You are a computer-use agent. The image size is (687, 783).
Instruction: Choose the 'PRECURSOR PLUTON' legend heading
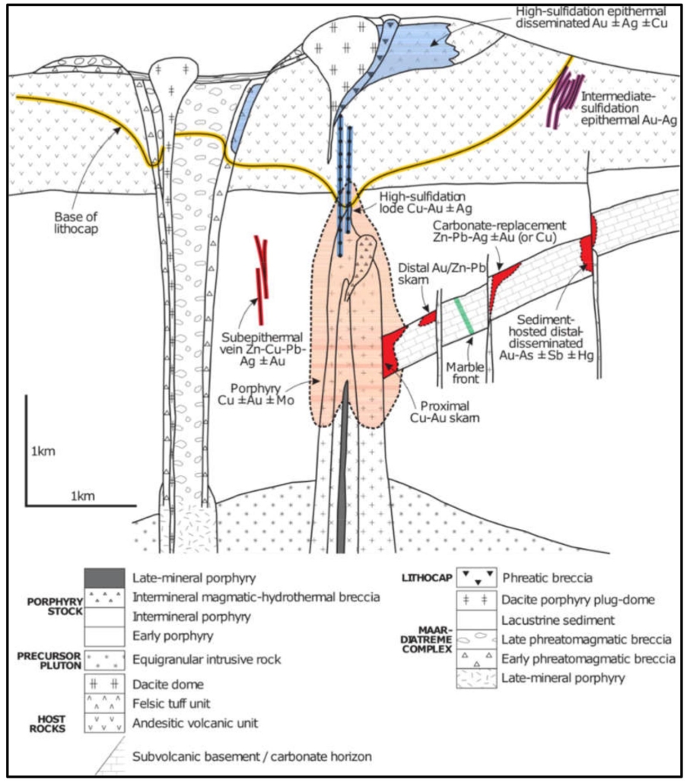coord(53,658)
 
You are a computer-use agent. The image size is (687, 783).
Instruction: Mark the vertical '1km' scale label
coord(43,452)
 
